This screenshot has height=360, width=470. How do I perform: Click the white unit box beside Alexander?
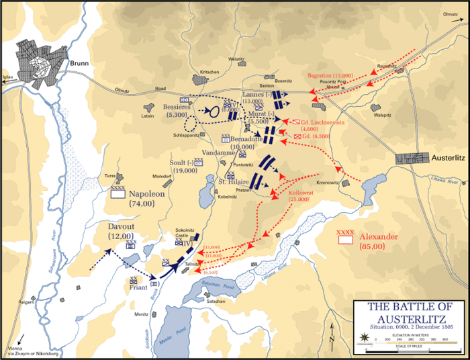[346, 238]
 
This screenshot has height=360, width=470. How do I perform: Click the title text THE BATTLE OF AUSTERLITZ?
[411, 312]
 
